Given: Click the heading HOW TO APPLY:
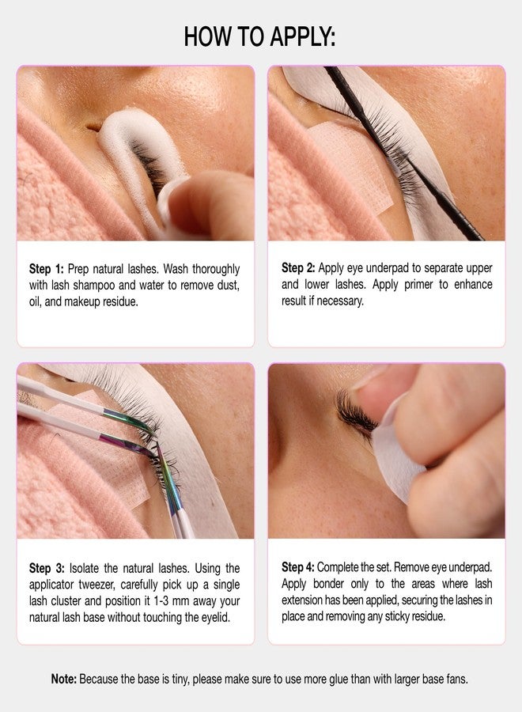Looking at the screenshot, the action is [x=259, y=36].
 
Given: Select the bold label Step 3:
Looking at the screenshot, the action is [x=47, y=568].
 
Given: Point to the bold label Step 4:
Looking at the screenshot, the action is [x=297, y=567].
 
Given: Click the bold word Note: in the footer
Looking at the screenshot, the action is [x=63, y=680].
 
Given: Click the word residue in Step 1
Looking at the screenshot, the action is [x=123, y=302].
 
